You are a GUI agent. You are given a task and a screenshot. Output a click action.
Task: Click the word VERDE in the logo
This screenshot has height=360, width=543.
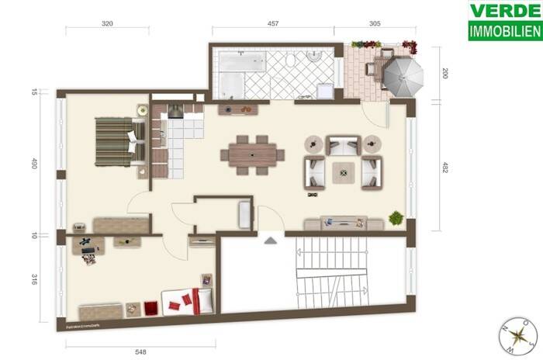[505, 12]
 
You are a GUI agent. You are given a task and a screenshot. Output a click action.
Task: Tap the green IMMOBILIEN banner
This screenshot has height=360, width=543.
[505, 33]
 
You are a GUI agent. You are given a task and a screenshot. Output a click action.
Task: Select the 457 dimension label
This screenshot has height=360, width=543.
[273, 24]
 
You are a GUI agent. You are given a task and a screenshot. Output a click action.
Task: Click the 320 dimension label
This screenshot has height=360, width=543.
[107, 24]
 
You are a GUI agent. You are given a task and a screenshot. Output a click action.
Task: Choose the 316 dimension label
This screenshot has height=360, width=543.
[35, 279]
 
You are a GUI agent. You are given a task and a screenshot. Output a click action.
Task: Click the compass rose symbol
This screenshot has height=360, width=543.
[518, 335]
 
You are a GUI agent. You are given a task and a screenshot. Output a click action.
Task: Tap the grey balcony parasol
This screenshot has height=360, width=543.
[403, 75]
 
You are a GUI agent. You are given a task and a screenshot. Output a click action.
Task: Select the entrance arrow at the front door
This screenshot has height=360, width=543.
[270, 241]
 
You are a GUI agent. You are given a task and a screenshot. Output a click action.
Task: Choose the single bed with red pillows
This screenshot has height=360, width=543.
[187, 300]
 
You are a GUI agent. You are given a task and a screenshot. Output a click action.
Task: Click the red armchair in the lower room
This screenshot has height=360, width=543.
[150, 308]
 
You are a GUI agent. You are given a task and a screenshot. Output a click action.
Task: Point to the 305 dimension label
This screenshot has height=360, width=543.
[375, 24]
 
